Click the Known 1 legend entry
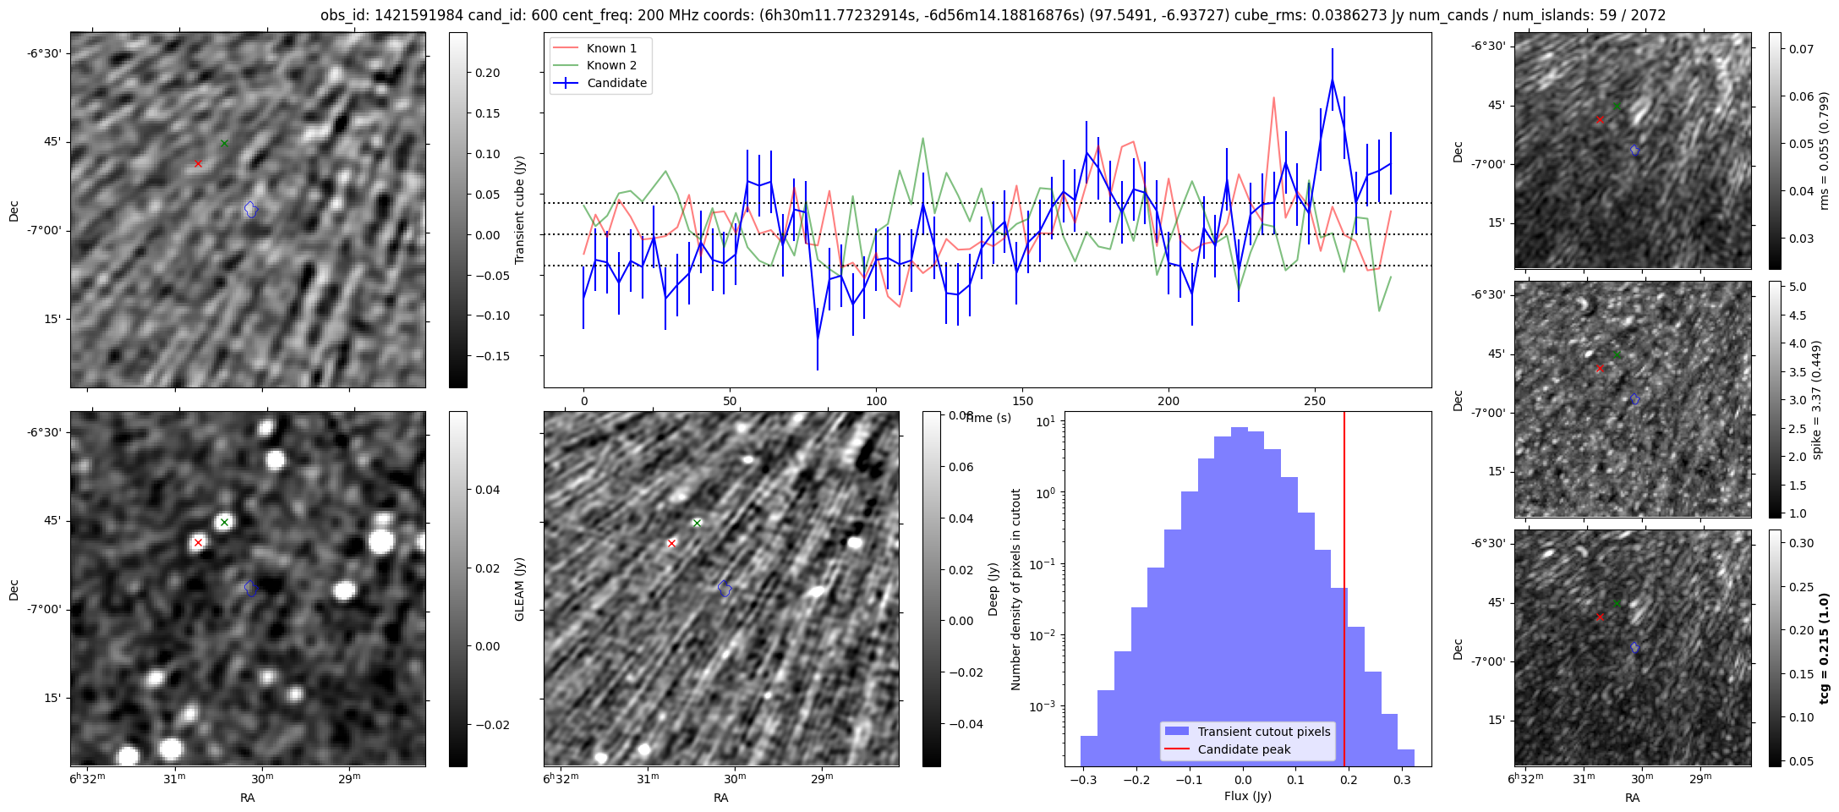coord(611,48)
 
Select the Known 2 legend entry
coord(611,65)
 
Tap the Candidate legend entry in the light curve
coord(616,83)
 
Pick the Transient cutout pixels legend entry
coord(1263,732)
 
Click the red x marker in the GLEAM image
coord(198,542)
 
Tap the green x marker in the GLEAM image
coord(224,522)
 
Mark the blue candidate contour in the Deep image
coord(725,588)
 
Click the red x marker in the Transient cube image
coord(198,163)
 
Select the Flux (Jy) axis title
coord(1247,796)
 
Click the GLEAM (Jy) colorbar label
coord(520,589)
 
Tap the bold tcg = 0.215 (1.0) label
coord(1825,648)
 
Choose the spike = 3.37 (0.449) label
coord(1816,399)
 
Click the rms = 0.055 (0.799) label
coord(1825,151)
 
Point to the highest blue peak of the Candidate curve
coord(1333,80)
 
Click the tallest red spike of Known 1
coord(1273,98)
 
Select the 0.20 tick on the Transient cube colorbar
coord(486,73)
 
